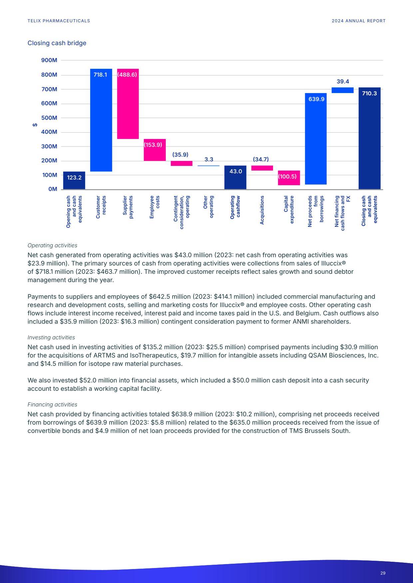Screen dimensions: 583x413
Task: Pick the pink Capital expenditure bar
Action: tap(289, 178)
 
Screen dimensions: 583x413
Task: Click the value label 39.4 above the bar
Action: tap(343, 81)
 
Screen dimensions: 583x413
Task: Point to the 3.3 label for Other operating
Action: tap(209, 160)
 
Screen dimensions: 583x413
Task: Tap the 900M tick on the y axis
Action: tap(49, 60)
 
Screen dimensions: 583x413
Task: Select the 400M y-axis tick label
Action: tap(49, 132)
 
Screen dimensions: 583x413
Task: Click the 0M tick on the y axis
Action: tap(53, 189)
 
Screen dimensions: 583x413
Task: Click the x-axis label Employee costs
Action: tap(155, 207)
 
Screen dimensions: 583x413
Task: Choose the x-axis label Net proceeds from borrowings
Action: tap(316, 211)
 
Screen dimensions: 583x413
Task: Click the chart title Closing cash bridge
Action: tap(57, 43)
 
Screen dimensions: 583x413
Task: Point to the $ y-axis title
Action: tap(35, 125)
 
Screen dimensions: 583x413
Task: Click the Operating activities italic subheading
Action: tap(52, 245)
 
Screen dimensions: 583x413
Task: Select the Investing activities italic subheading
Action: tap(51, 338)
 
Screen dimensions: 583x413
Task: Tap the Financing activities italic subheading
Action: tap(52, 404)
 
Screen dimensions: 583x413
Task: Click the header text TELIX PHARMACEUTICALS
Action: tap(59, 21)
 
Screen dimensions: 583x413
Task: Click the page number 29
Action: tap(383, 573)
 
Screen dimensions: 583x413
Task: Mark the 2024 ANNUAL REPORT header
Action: tap(358, 21)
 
